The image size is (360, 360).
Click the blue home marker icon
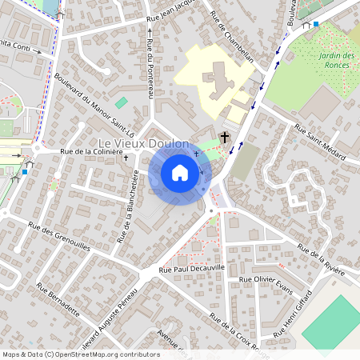click(x=180, y=173)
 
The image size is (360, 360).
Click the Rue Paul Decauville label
click(x=192, y=271)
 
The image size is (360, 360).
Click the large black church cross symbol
click(x=225, y=138)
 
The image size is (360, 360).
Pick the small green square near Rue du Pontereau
click(x=121, y=102)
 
